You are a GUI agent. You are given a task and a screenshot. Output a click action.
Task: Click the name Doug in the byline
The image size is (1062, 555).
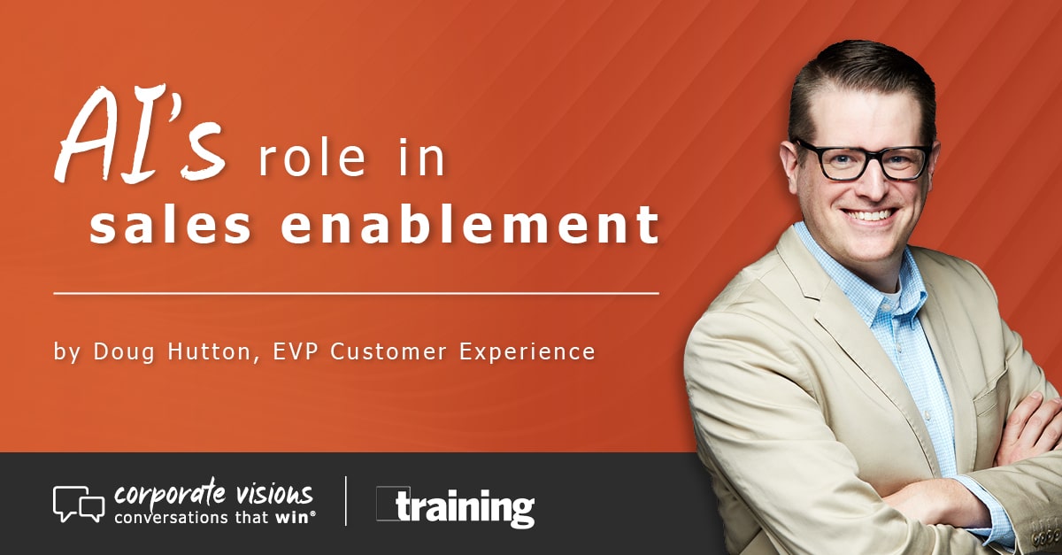tap(120, 351)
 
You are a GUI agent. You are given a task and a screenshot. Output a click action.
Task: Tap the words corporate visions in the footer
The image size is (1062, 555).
tap(212, 494)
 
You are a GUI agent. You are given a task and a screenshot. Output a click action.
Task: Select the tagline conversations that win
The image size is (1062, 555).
tap(212, 517)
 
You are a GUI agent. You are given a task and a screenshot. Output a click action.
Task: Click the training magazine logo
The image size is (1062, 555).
tap(456, 507)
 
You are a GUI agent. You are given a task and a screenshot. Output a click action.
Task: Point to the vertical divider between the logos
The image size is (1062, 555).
tap(345, 502)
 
